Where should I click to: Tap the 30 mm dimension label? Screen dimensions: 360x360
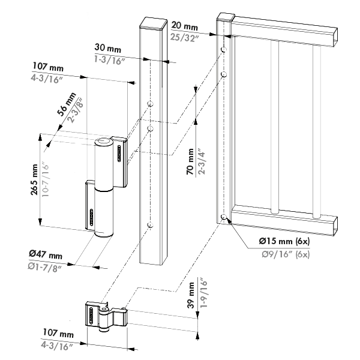[x=106, y=47]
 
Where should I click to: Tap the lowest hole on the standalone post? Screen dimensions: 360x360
[x=149, y=226]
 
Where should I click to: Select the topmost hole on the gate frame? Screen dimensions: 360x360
[x=223, y=49]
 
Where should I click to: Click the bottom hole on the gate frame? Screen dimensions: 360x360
[x=223, y=217]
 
